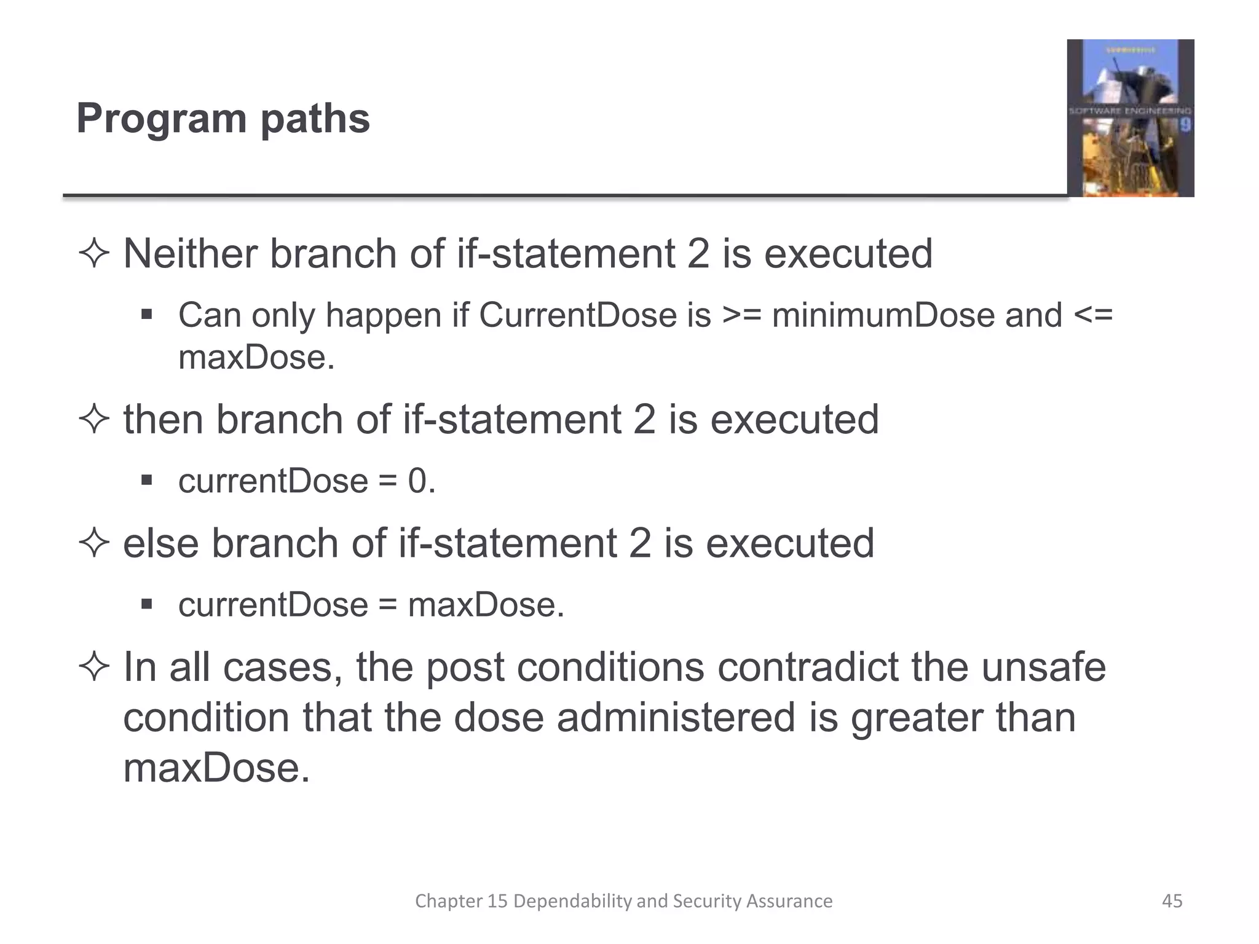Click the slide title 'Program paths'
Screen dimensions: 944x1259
223,118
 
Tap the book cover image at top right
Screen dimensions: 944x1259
1130,118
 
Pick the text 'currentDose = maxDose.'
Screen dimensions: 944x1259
371,605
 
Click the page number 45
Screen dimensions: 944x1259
1172,901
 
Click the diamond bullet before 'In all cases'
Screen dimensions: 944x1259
94,667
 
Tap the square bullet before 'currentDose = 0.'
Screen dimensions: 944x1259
146,481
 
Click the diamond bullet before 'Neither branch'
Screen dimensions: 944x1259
94,254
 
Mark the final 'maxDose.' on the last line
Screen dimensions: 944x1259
216,768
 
